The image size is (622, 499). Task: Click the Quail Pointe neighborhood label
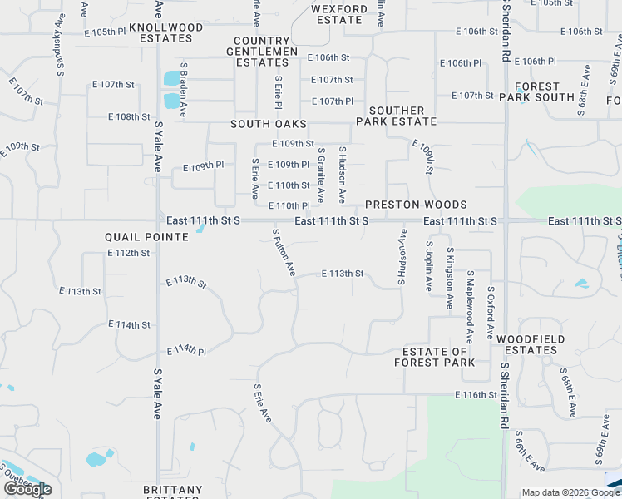click(147, 237)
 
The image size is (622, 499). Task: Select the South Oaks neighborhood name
click(269, 124)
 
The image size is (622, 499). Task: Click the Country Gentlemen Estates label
click(266, 52)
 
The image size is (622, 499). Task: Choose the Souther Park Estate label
click(397, 116)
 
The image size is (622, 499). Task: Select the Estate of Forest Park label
click(435, 357)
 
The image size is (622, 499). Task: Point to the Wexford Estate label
click(338, 14)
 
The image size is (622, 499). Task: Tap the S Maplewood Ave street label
click(469, 305)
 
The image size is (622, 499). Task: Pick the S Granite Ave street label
click(321, 175)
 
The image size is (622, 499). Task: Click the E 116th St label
click(476, 394)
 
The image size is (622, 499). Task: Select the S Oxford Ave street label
click(491, 313)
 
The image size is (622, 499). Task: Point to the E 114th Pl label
click(186, 351)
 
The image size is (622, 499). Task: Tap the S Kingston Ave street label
click(450, 279)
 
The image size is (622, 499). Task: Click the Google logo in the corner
click(27, 489)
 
